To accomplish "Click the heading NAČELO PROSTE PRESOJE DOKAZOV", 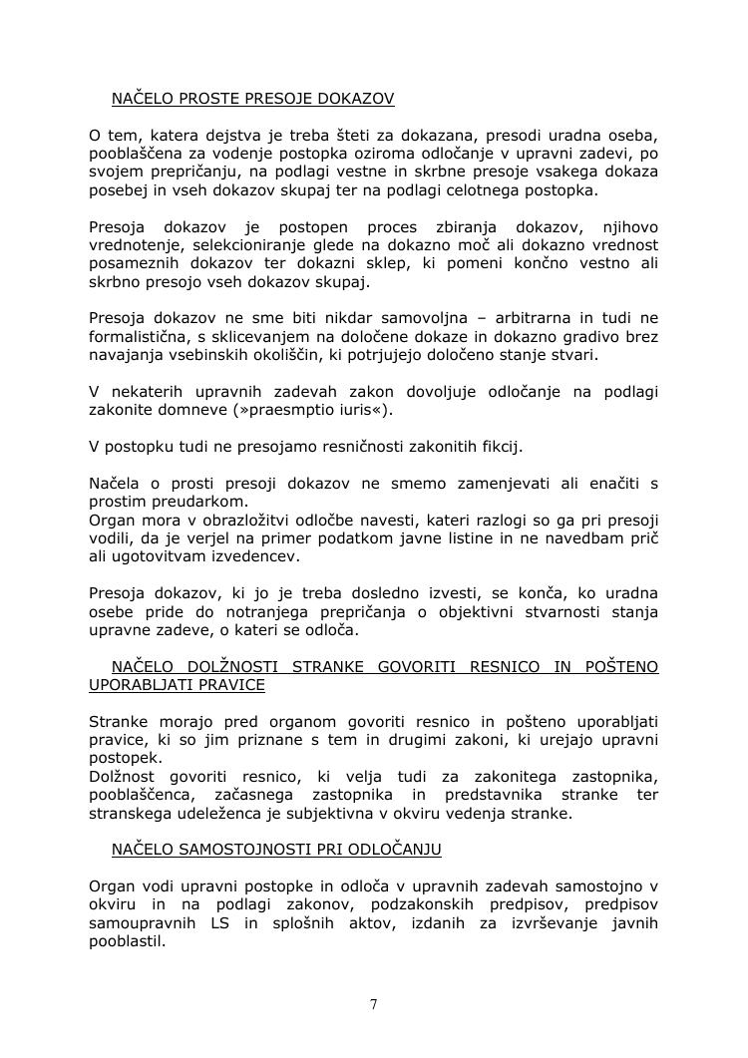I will (252, 99).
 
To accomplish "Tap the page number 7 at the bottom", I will (374, 1004).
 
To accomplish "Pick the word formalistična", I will (138, 337).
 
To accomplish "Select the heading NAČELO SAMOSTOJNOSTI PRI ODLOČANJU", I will (276, 850).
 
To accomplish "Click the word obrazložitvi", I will (242, 520).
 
